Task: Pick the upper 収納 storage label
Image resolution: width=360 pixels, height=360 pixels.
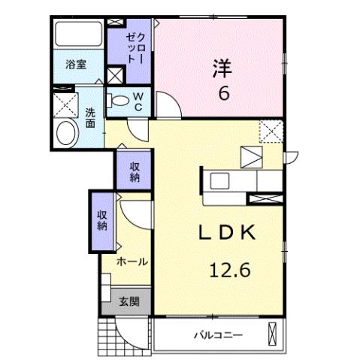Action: tap(135, 171)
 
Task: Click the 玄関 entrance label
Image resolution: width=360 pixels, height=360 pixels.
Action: tap(129, 302)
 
